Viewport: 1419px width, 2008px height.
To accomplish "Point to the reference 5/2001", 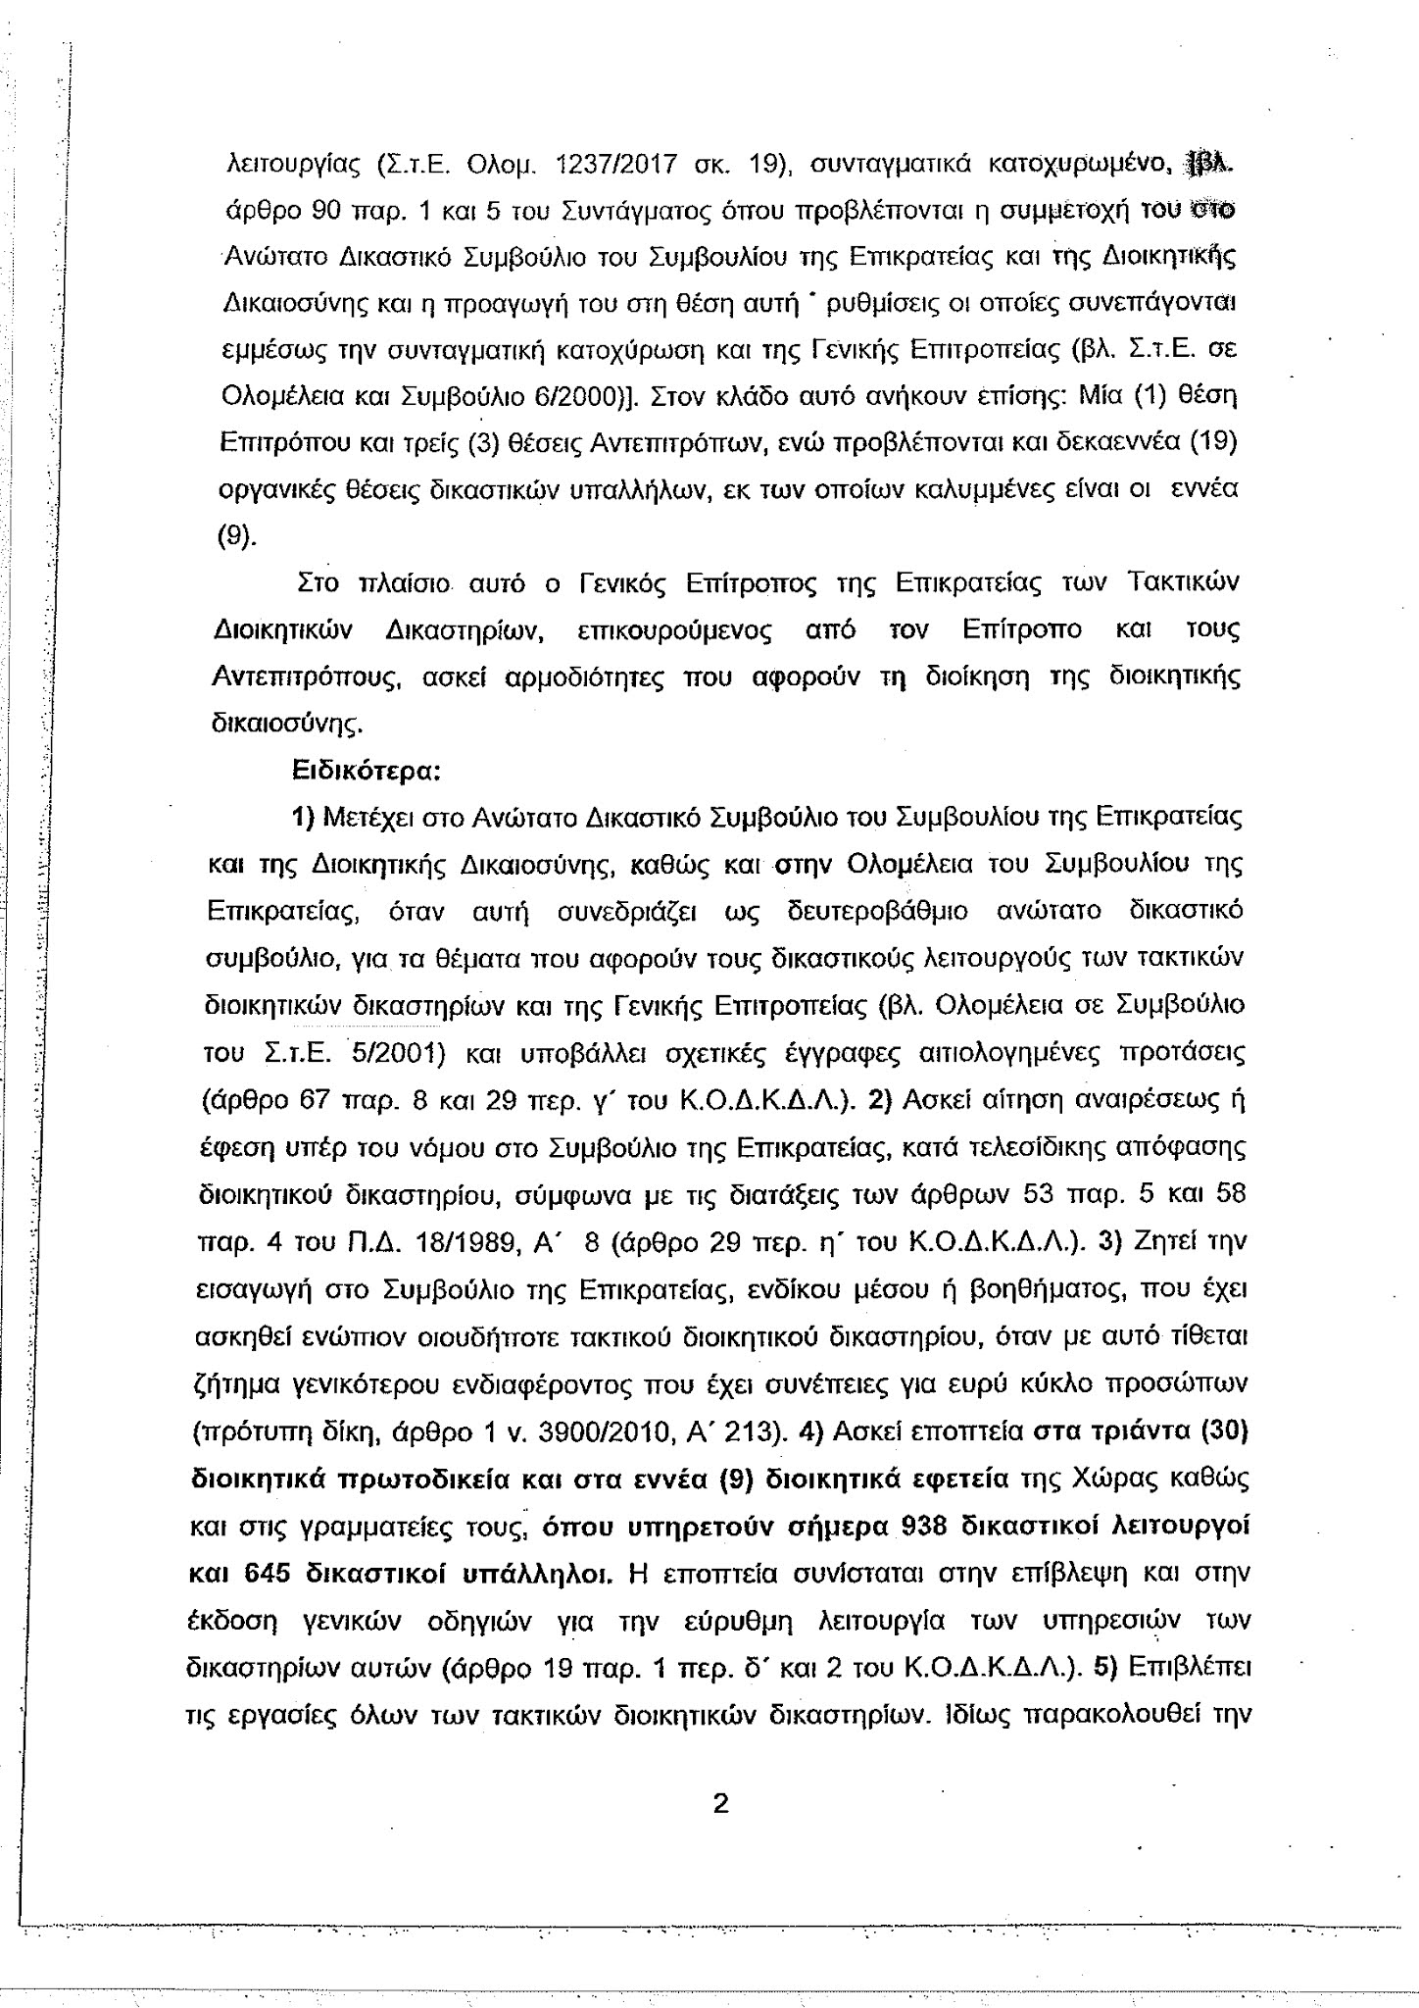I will coord(398,1054).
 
